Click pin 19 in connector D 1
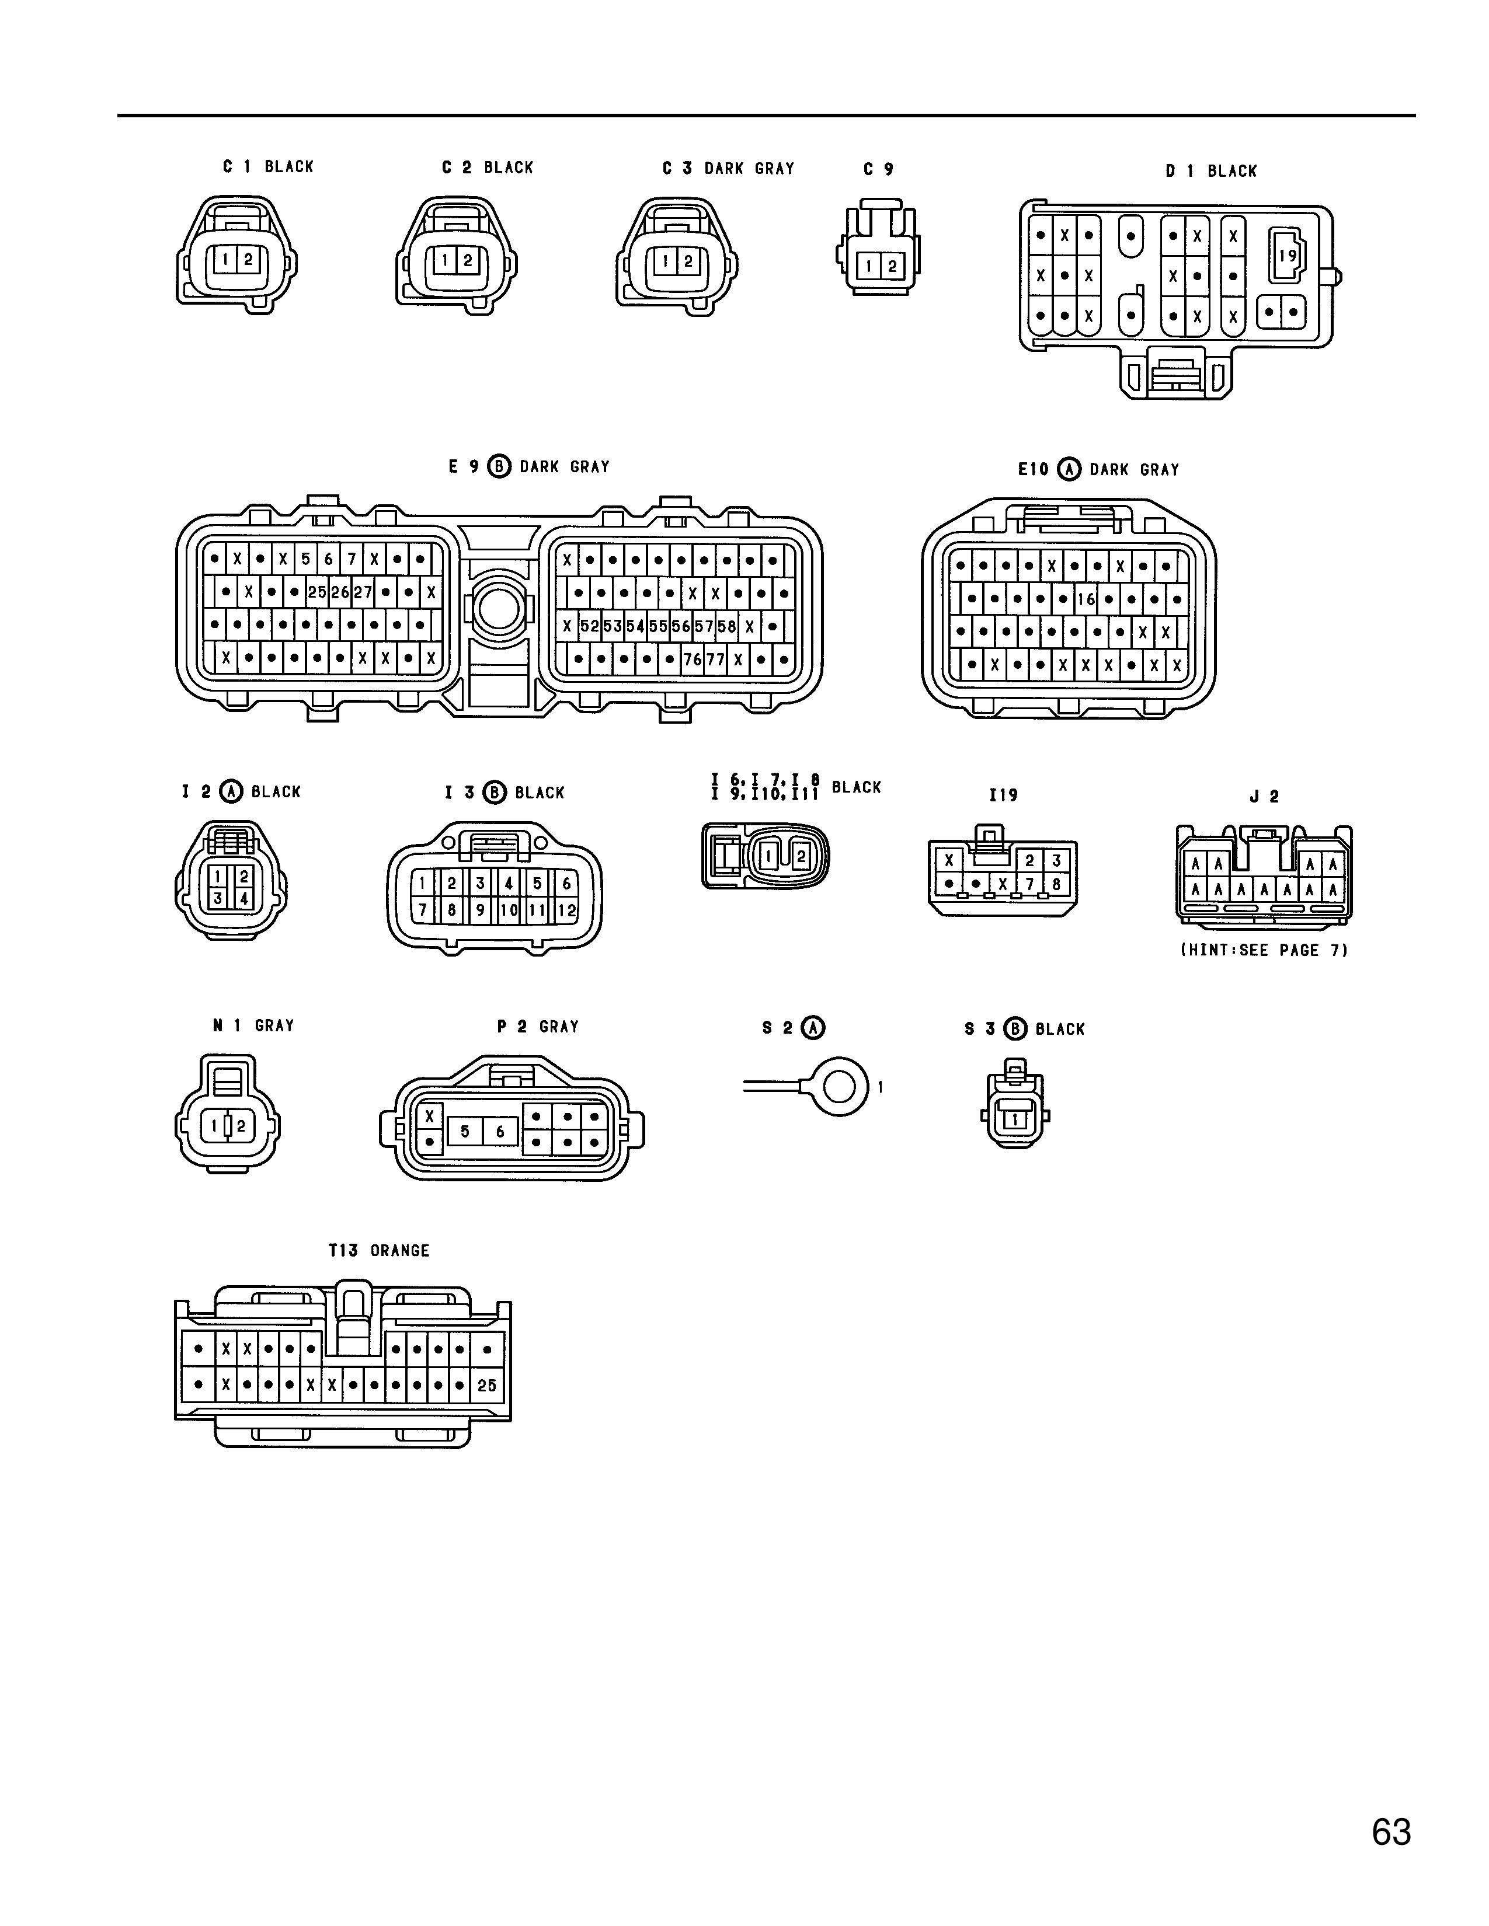(1288, 256)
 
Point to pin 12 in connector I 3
(566, 909)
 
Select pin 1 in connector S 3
(1015, 1119)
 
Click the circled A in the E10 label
(1069, 469)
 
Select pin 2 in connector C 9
(892, 266)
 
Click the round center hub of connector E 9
(499, 609)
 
